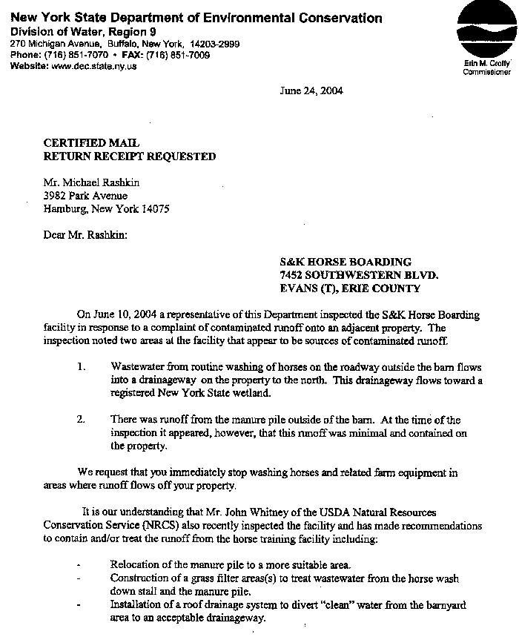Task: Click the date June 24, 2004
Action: pos(311,91)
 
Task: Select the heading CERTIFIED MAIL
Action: pos(91,143)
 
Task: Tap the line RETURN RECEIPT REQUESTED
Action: pos(130,156)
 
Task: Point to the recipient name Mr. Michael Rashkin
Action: pos(91,183)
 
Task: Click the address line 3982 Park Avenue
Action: pos(85,196)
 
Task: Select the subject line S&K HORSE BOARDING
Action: pos(345,262)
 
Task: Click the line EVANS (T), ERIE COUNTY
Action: pos(350,288)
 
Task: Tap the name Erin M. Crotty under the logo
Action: pos(486,65)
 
